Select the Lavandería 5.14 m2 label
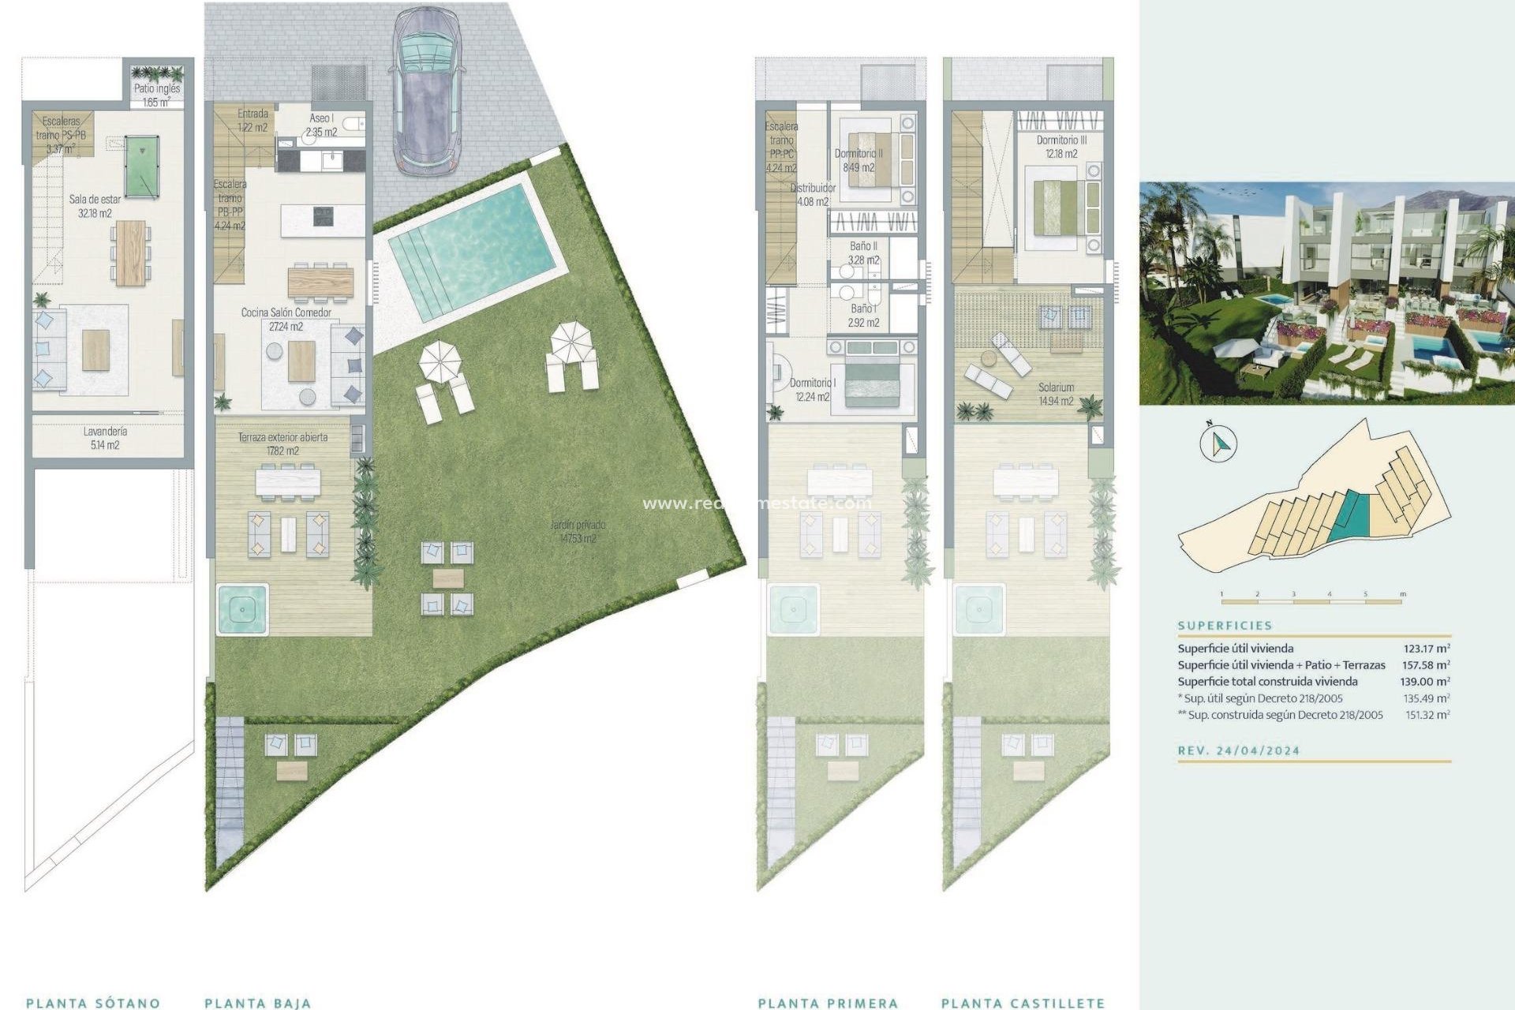click(x=105, y=438)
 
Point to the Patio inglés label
click(x=156, y=95)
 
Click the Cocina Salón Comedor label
click(x=286, y=319)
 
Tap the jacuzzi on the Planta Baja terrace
click(x=242, y=609)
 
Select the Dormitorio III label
click(x=1061, y=147)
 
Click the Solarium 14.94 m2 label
click(x=1056, y=394)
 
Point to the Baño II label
click(x=863, y=252)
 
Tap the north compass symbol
click(x=1218, y=444)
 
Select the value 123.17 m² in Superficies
click(x=1427, y=649)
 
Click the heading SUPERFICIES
click(x=1225, y=625)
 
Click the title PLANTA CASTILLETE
click(x=1023, y=1003)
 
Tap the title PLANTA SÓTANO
click(x=93, y=1003)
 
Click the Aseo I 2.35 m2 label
click(x=321, y=125)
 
